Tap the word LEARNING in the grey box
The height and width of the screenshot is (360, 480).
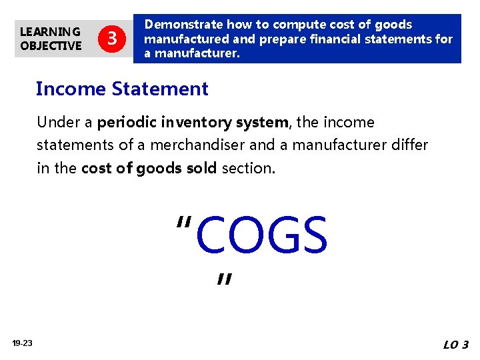(50, 31)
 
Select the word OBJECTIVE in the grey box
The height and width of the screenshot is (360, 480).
(51, 46)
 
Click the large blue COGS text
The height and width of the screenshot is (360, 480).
(261, 236)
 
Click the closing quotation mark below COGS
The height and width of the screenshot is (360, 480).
(224, 280)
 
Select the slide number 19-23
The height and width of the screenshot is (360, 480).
(22, 343)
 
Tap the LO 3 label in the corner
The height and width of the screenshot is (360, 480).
(456, 345)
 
